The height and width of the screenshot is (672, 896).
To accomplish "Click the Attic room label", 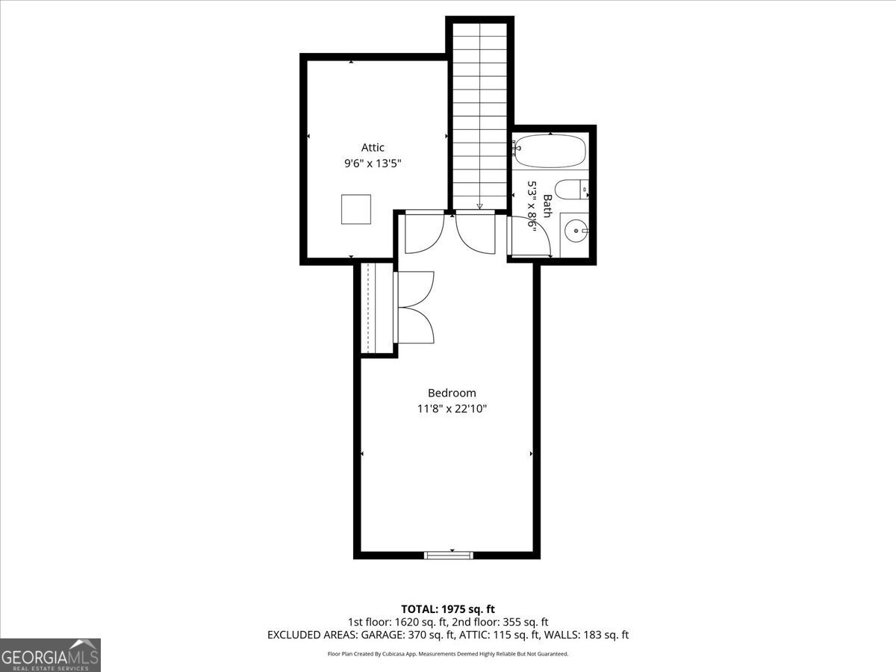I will coord(373,148).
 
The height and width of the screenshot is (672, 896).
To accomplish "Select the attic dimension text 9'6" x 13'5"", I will coord(373,164).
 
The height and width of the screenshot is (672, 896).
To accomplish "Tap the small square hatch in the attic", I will coord(356,209).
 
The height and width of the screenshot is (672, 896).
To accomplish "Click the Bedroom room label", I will coord(451,393).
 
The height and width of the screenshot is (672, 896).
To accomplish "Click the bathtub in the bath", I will coord(550,152).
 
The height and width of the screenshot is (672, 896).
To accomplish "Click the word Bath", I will coord(547,206).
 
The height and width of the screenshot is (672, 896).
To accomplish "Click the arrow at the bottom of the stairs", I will coord(479,206).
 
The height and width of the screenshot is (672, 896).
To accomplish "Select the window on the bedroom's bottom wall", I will coord(449,555).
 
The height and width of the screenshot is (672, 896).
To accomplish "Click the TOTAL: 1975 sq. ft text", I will coord(448,609).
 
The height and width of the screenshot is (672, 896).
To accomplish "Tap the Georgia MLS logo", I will coord(51,655).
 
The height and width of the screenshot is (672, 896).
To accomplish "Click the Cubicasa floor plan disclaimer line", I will coord(448,654).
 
